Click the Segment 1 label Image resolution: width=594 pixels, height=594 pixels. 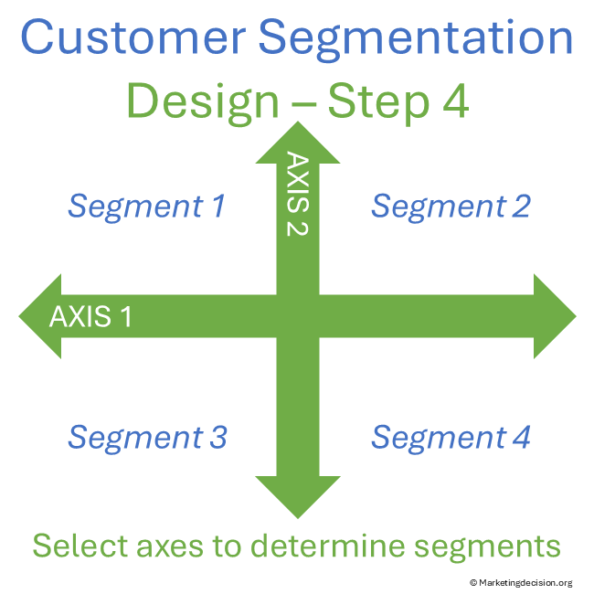click(x=146, y=207)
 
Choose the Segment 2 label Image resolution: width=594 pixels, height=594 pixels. click(x=451, y=207)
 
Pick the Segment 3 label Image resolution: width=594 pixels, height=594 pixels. click(x=147, y=438)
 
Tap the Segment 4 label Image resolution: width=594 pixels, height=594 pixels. click(x=451, y=438)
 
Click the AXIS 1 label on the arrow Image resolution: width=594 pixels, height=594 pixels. click(x=90, y=317)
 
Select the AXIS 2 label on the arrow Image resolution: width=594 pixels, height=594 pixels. click(x=298, y=194)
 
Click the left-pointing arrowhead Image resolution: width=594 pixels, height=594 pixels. click(x=41, y=316)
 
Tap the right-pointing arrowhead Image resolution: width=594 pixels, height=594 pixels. click(x=554, y=316)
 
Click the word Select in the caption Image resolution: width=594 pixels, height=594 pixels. click(x=79, y=546)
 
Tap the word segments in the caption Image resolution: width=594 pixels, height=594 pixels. click(x=484, y=547)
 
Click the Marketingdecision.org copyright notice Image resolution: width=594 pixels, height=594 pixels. click(x=520, y=582)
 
